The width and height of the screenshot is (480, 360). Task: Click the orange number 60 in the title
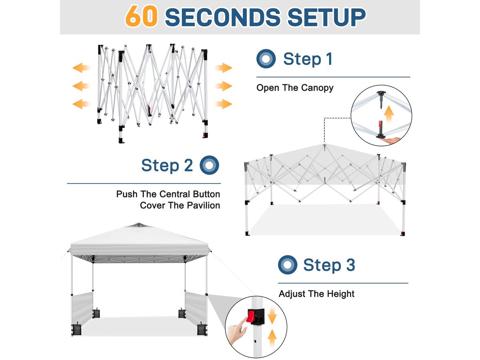pos(141,16)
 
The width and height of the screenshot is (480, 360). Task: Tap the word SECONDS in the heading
pos(223,17)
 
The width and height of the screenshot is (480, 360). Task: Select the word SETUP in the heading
pos(326,17)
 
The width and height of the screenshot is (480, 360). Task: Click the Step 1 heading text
pos(308,59)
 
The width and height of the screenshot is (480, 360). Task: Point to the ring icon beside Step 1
pos(266,58)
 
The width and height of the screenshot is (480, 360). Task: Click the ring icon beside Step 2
pos(209,165)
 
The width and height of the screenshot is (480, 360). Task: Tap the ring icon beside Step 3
pos(288,265)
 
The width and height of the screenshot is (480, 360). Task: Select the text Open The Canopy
pos(295,88)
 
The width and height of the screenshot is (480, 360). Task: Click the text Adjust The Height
pos(316,294)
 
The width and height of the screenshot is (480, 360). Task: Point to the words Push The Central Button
pos(168,194)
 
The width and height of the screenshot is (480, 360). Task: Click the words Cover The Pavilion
pos(180,206)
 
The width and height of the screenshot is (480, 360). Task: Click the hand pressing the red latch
pos(237,330)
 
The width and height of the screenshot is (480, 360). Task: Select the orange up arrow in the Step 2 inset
pos(388,114)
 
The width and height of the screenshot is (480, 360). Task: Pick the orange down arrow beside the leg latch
pos(272,315)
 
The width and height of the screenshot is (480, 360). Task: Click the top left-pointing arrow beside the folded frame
pos(81,68)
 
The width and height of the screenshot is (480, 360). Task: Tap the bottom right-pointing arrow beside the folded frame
pos(223,104)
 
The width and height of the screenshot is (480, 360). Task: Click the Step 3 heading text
pos(329,265)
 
